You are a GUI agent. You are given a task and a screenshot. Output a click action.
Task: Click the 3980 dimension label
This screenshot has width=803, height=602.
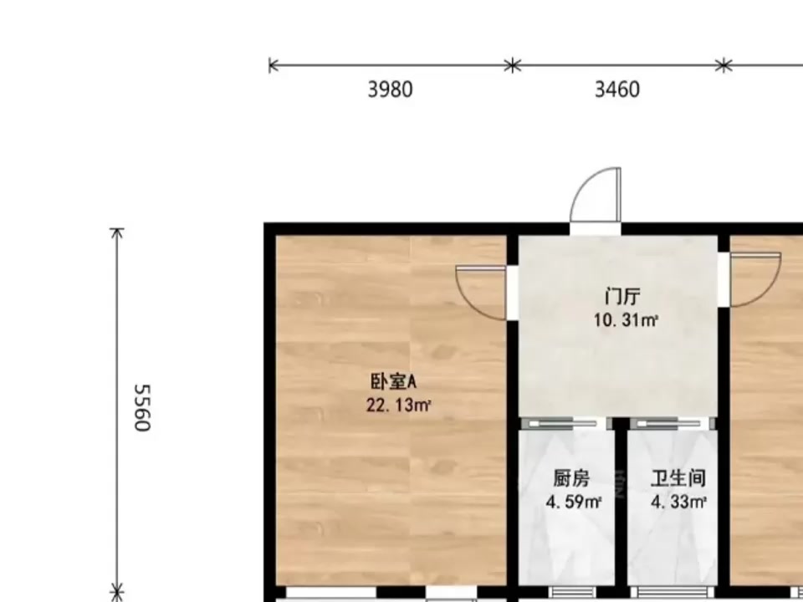tap(391, 89)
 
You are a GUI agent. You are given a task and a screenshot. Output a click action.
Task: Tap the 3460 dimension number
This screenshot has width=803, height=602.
tap(617, 89)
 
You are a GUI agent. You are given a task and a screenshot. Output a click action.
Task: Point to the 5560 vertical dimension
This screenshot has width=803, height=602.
tap(142, 408)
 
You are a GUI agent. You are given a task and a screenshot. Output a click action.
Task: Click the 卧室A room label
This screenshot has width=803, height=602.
tap(394, 382)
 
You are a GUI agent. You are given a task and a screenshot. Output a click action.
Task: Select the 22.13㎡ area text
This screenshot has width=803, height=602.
tap(398, 406)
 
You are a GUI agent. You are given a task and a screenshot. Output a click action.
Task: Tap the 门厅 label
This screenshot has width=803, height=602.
tap(622, 297)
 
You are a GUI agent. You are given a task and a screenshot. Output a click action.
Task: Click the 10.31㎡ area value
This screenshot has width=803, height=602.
tap(626, 320)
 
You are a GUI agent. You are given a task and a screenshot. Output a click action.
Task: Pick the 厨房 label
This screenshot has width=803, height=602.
tap(571, 478)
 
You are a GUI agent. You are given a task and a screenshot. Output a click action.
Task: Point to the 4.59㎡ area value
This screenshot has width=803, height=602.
tap(574, 502)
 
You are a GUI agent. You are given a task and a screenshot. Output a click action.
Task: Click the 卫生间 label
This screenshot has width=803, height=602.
tap(678, 478)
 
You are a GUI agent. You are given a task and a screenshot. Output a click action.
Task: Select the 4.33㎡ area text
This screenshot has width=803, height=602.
tap(679, 502)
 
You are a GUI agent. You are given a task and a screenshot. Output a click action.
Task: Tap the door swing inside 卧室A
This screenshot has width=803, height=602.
tap(481, 293)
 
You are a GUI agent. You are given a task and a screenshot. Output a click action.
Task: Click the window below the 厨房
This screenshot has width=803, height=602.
tap(572, 593)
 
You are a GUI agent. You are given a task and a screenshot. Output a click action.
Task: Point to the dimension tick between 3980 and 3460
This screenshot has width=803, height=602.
tap(513, 65)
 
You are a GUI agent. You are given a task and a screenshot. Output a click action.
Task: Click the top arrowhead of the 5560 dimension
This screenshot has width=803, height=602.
tap(117, 233)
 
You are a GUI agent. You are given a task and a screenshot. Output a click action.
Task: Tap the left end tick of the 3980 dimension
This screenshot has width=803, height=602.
tap(270, 65)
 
